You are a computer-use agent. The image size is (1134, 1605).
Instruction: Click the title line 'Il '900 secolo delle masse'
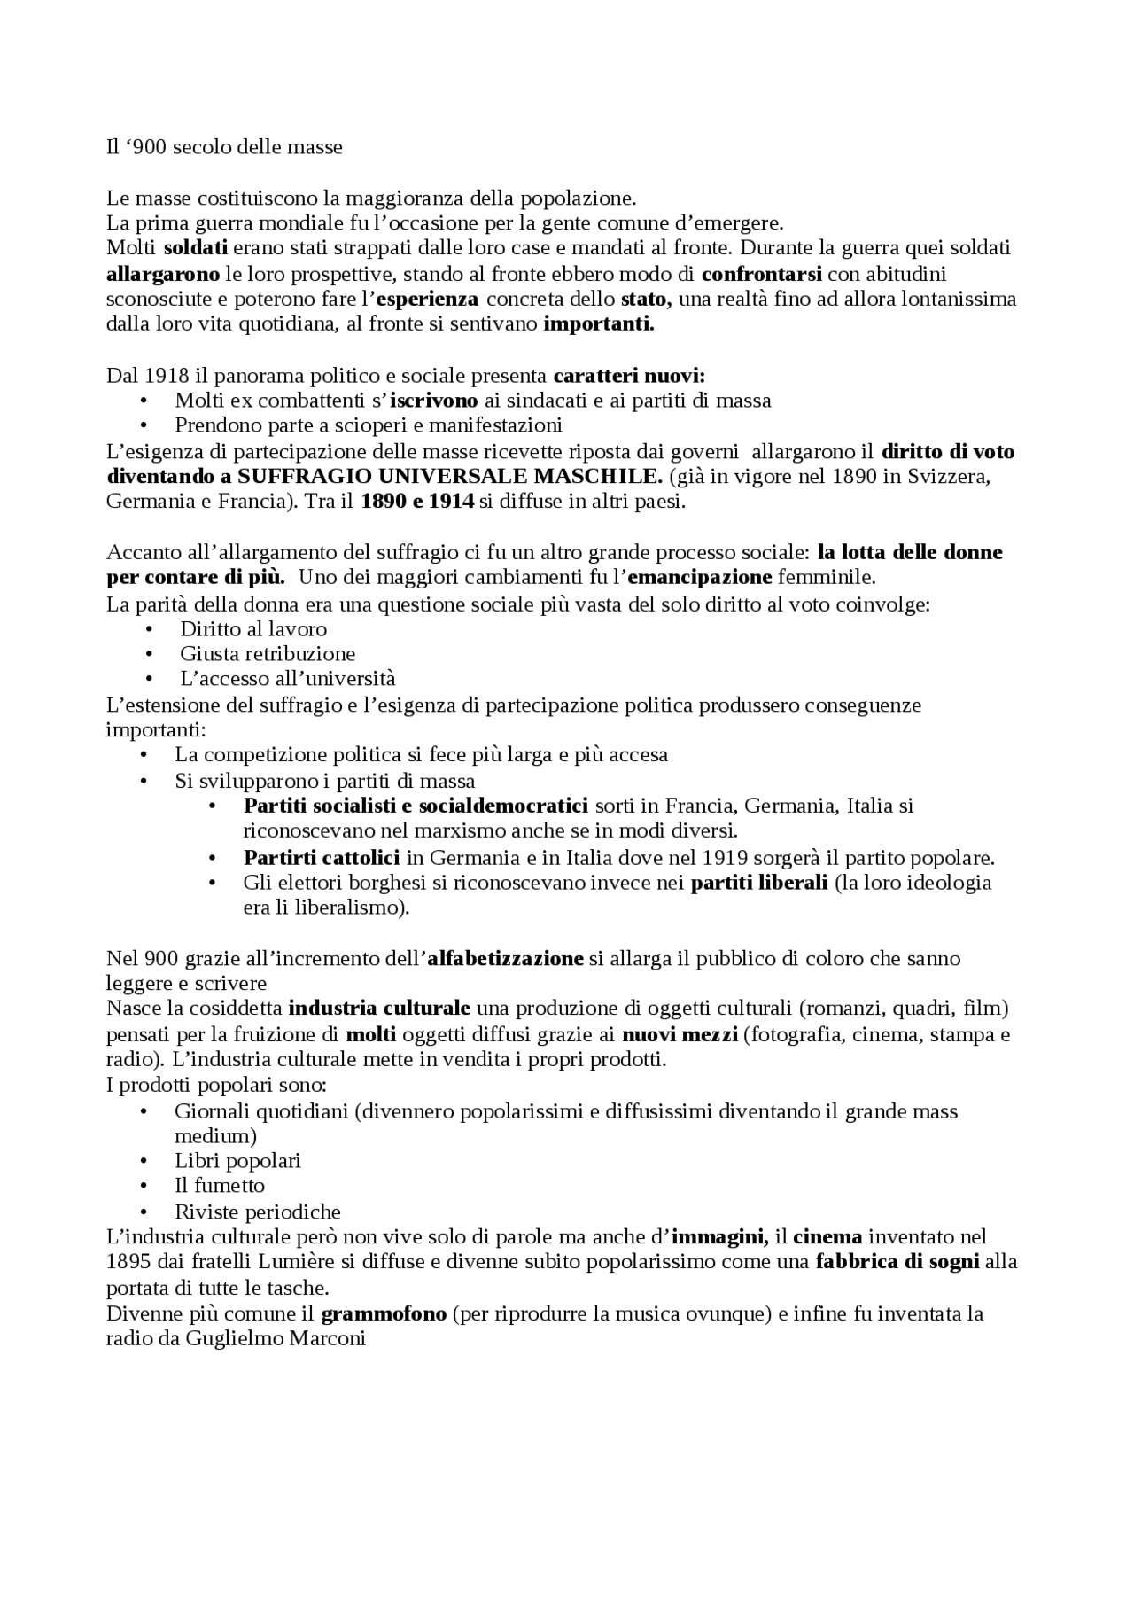[224, 147]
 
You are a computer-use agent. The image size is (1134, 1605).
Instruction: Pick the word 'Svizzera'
[952, 476]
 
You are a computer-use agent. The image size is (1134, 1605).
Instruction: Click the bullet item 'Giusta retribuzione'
[268, 653]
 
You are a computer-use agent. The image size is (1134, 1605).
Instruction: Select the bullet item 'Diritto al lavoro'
[253, 628]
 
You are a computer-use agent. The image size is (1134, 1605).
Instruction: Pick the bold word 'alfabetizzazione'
[506, 958]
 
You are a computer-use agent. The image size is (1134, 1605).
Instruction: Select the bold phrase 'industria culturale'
[379, 1008]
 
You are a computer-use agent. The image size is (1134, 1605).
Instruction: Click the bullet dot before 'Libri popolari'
[144, 1161]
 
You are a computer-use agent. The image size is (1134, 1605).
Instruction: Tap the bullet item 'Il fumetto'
[220, 1185]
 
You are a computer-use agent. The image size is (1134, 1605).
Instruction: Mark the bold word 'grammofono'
[384, 1313]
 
